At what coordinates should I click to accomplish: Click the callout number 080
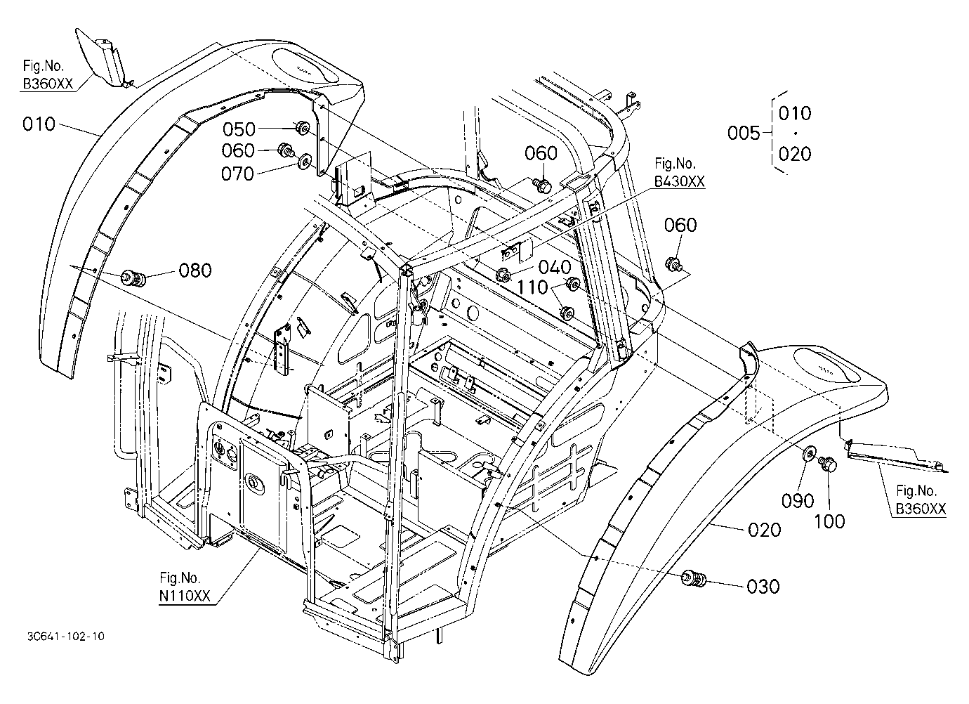point(195,270)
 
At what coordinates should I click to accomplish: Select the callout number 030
point(763,587)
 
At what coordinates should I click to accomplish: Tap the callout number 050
point(239,129)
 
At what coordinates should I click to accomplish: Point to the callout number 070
point(237,174)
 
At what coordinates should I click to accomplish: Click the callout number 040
point(555,268)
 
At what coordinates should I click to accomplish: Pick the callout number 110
point(532,287)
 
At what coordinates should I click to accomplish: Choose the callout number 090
point(798,501)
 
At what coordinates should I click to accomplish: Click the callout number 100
point(829,522)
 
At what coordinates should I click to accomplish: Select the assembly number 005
point(744,133)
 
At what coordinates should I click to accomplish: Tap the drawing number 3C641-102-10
point(66,637)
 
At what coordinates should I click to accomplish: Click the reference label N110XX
point(185,597)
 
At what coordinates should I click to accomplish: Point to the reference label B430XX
point(679,181)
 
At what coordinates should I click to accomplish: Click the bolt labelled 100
point(828,464)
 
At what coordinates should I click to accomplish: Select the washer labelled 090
point(808,454)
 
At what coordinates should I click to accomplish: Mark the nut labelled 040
point(503,275)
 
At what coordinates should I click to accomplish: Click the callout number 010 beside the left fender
point(39,124)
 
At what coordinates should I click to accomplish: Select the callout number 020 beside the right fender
point(765,530)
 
